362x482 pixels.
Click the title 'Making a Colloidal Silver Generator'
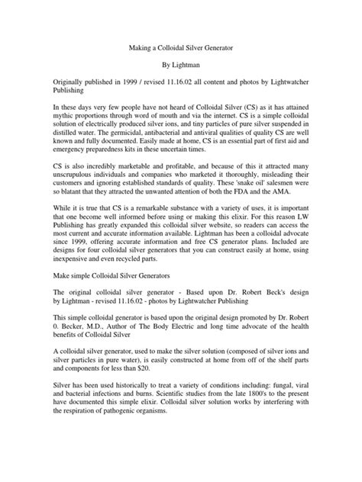pyautogui.click(x=180, y=47)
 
